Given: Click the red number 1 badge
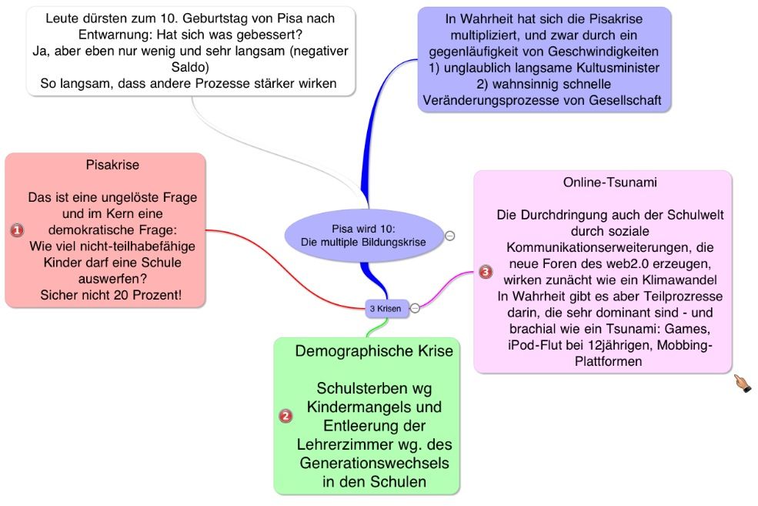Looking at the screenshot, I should pyautogui.click(x=18, y=230).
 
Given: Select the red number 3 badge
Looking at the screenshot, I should pyautogui.click(x=485, y=272).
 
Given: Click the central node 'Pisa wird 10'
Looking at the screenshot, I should pyautogui.click(x=363, y=235).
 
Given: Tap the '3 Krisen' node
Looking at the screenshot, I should pyautogui.click(x=386, y=308).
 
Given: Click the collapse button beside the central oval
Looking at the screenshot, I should pyautogui.click(x=450, y=236).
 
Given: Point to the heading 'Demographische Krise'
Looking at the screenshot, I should pyautogui.click(x=374, y=351).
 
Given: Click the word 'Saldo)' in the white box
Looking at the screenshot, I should pyautogui.click(x=191, y=68).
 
